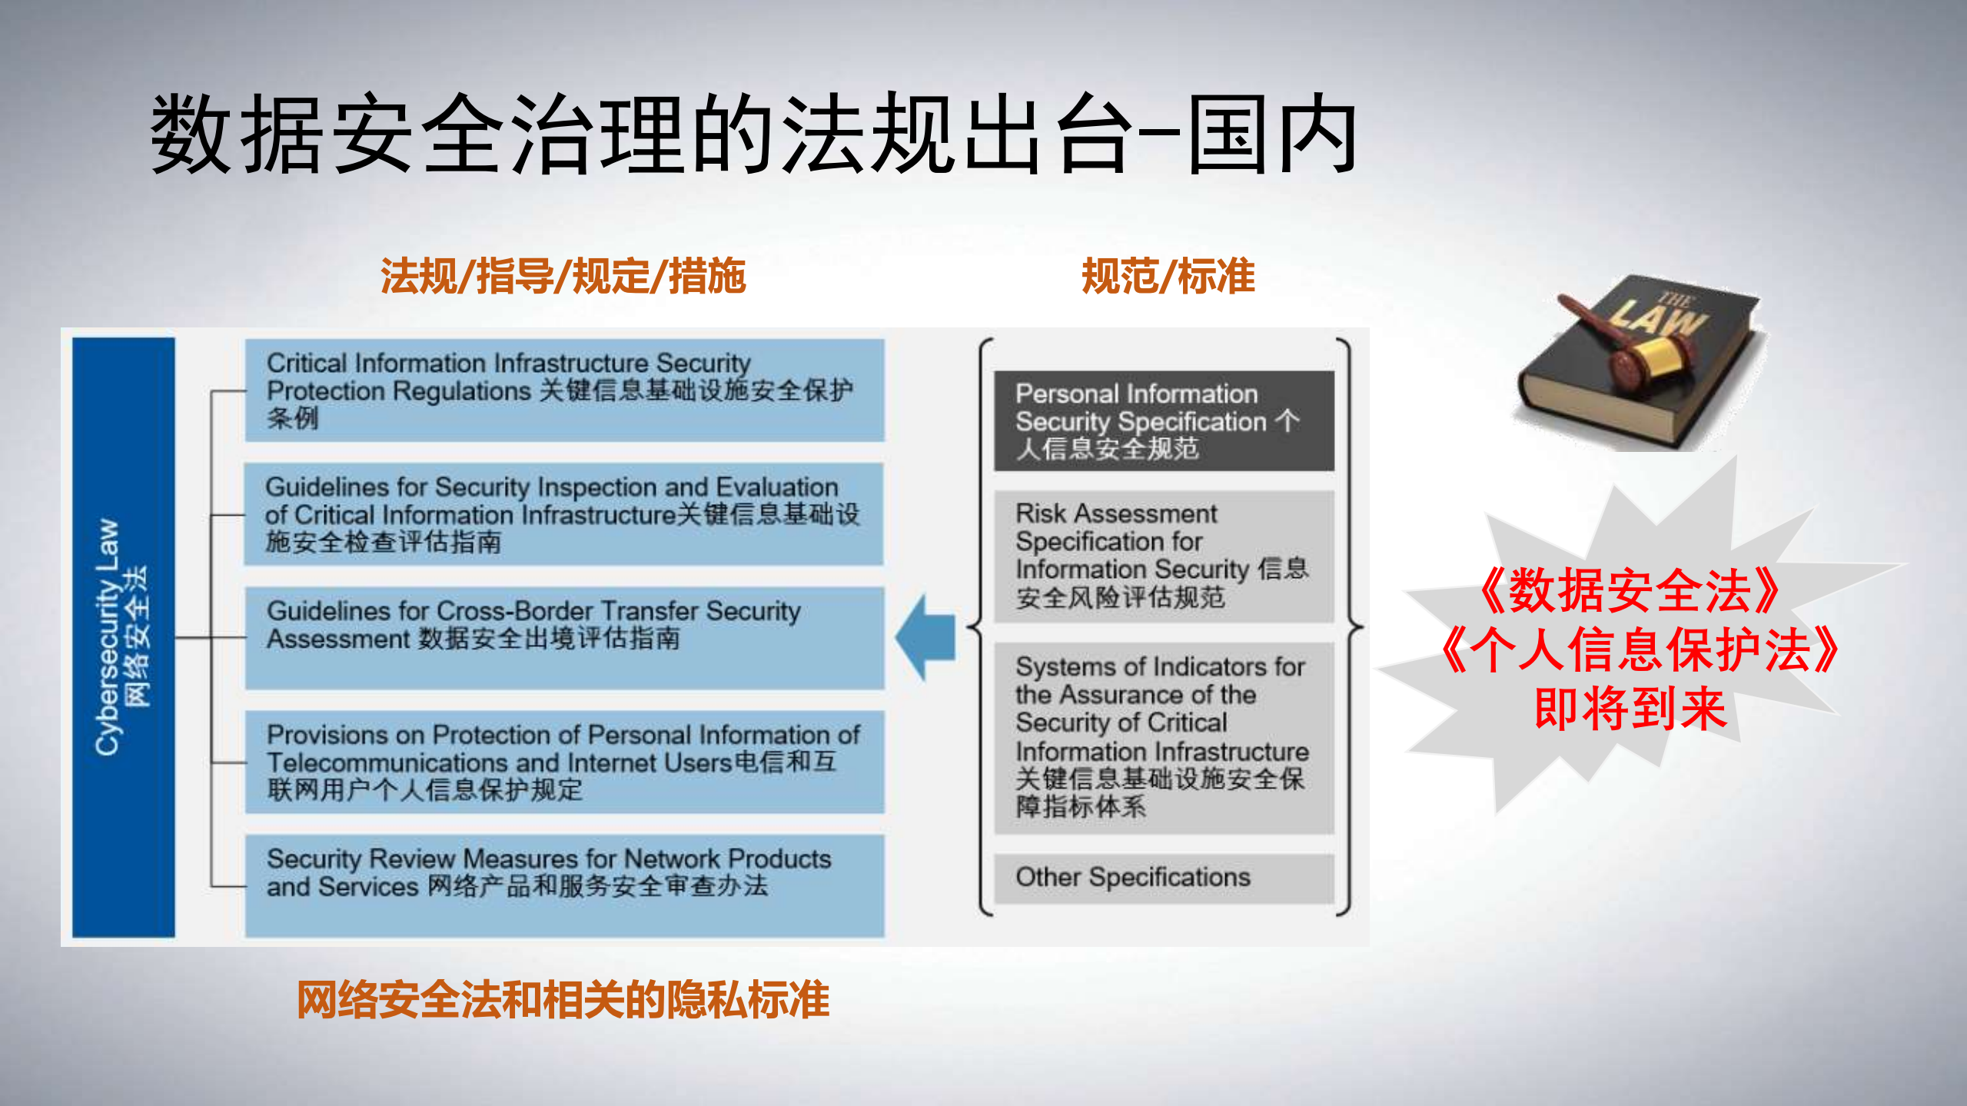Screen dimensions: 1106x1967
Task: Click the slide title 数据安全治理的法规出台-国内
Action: click(753, 134)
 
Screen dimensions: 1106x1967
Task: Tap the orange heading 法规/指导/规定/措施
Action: click(563, 277)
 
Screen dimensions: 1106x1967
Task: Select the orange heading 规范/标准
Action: click(1168, 277)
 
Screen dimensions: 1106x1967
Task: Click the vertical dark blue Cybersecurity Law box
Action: click(123, 636)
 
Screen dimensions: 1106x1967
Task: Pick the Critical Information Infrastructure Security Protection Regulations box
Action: click(564, 390)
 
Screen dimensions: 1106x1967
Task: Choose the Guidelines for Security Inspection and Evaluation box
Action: click(564, 514)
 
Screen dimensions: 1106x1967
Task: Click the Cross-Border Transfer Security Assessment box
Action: click(564, 637)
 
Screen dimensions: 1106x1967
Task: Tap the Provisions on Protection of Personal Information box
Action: click(564, 762)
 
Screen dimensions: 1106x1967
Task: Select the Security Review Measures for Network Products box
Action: click(564, 885)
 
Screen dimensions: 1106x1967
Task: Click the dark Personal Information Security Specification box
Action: click(1164, 421)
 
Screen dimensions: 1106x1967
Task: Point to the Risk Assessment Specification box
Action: click(1164, 556)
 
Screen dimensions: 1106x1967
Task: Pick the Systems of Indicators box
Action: click(1164, 737)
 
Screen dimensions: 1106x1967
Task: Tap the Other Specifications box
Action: click(1164, 878)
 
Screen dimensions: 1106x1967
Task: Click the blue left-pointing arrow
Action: click(926, 637)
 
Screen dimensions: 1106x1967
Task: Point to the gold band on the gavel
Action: click(1653, 360)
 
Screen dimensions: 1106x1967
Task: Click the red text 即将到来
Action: click(1630, 709)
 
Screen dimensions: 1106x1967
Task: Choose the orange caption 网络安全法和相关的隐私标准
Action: click(563, 1000)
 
